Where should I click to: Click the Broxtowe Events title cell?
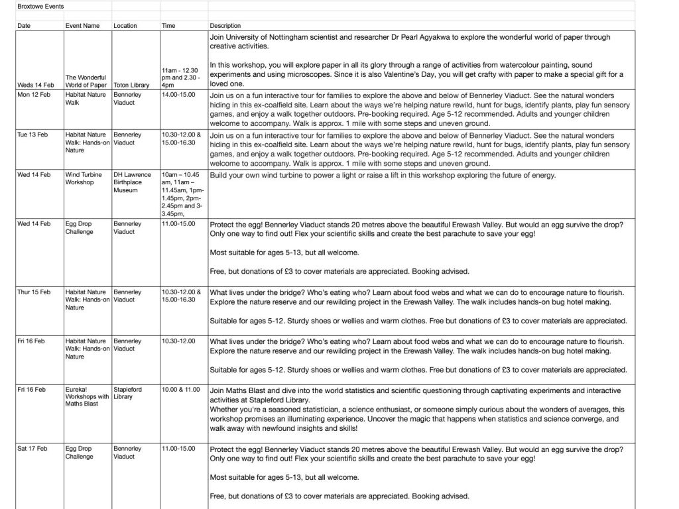(x=36, y=5)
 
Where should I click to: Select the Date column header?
(x=24, y=26)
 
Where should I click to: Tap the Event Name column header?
(x=82, y=26)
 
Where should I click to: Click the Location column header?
(x=125, y=26)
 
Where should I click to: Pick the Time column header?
(x=168, y=26)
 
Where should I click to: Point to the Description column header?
(x=225, y=26)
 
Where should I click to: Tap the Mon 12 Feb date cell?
(x=32, y=95)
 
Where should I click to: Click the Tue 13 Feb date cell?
(x=32, y=135)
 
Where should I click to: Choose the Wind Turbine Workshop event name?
(x=83, y=178)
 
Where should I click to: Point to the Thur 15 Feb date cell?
(x=33, y=292)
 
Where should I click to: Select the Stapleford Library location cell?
(x=127, y=393)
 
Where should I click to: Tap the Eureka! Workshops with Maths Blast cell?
(x=86, y=397)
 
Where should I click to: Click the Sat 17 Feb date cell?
(x=32, y=449)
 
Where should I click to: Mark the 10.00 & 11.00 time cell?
(x=180, y=389)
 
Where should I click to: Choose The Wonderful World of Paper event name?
(x=86, y=81)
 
